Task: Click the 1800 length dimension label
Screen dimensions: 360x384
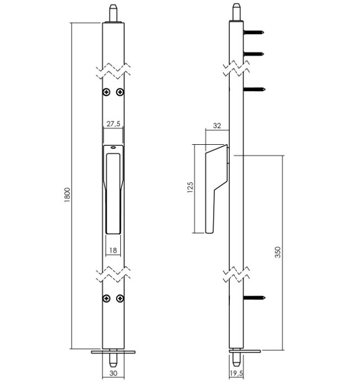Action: [x=67, y=195]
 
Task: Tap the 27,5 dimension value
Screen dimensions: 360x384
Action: [x=113, y=124]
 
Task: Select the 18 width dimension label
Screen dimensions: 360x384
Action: [x=113, y=250]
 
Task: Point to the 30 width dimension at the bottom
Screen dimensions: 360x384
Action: [x=113, y=373]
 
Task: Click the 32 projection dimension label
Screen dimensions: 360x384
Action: [x=217, y=126]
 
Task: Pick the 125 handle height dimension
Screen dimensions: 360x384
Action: [x=190, y=187]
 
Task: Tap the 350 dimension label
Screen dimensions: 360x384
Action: [x=278, y=252]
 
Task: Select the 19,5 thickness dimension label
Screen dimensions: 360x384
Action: [x=236, y=373]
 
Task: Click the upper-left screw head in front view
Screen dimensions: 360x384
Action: [x=106, y=92]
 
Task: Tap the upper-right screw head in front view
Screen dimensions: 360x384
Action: [x=120, y=92]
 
